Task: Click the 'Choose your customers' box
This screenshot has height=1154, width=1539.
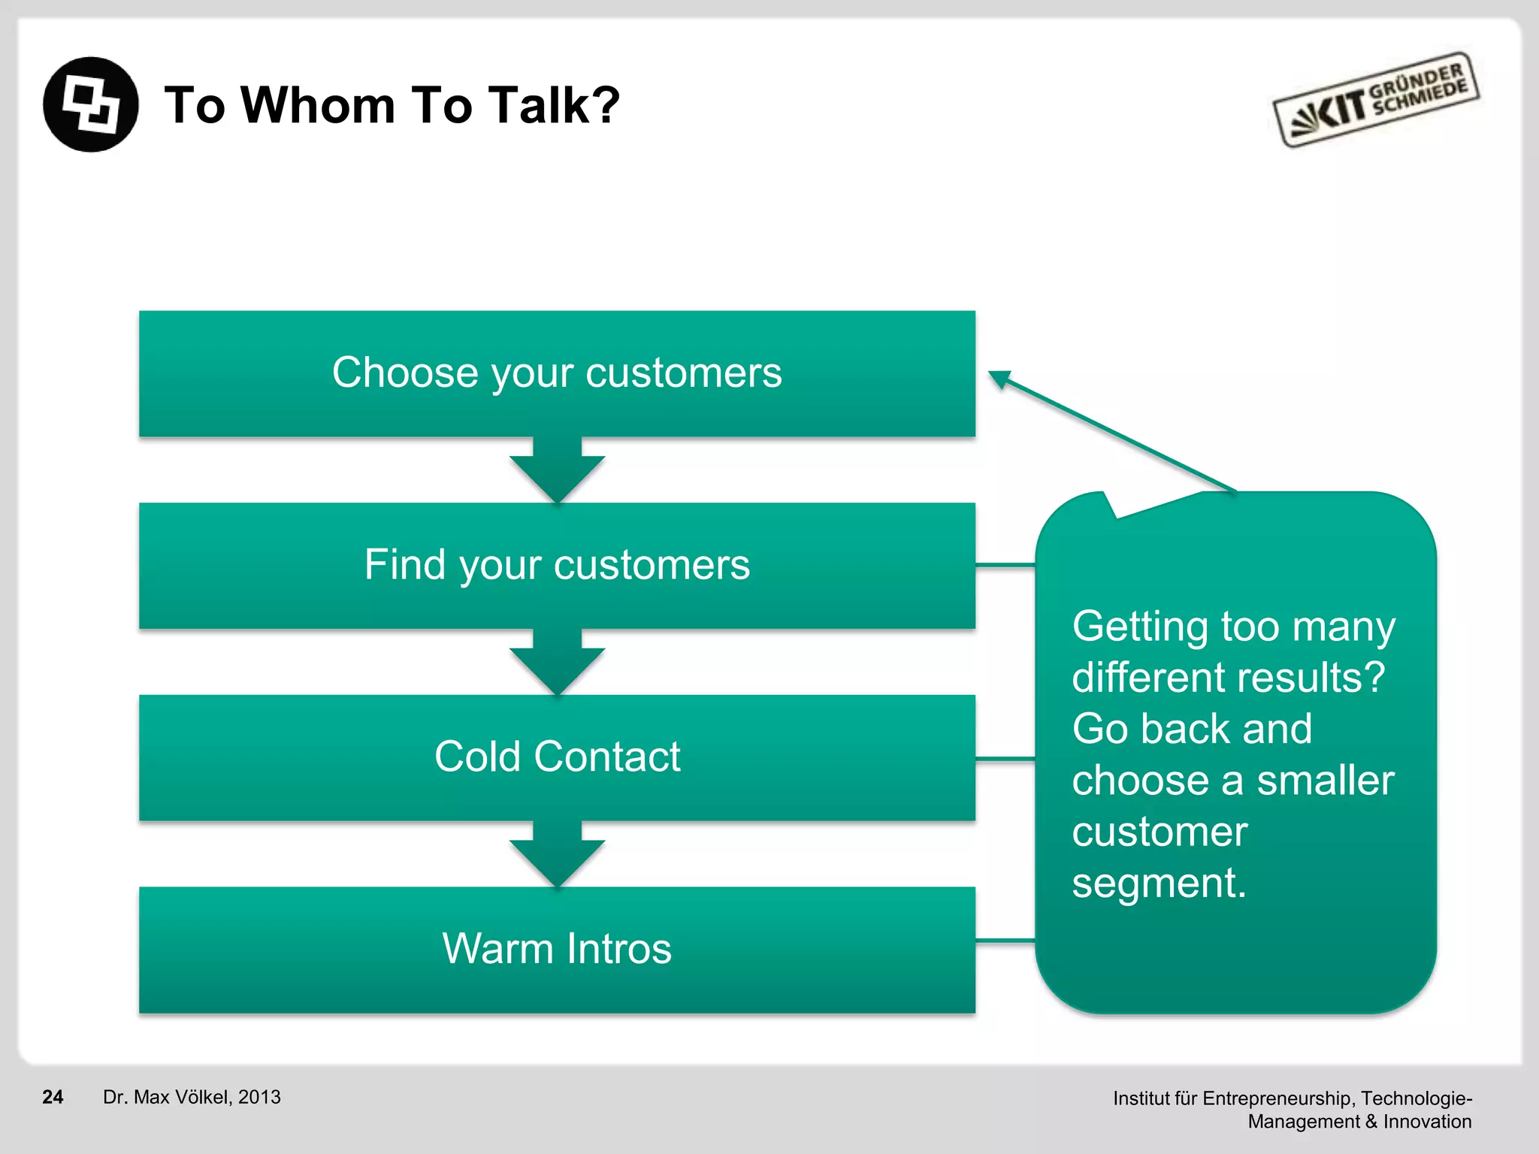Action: tap(557, 373)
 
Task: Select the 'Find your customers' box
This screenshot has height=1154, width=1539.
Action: tap(557, 565)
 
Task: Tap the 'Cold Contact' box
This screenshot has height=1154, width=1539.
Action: tap(557, 757)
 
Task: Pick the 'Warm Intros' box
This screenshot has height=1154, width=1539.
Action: tap(557, 950)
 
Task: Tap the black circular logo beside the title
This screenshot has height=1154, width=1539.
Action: tap(91, 104)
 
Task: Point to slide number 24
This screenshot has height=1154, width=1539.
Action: tap(53, 1097)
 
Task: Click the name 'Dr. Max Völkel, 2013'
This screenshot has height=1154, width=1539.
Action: tap(192, 1097)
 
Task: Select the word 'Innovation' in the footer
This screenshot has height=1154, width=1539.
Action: tap(1427, 1122)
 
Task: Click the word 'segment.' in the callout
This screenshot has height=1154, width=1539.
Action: tap(1159, 883)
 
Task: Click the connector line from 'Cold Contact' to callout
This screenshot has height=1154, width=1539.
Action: tap(1005, 760)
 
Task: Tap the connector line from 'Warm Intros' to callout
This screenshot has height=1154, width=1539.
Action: tap(1005, 940)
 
